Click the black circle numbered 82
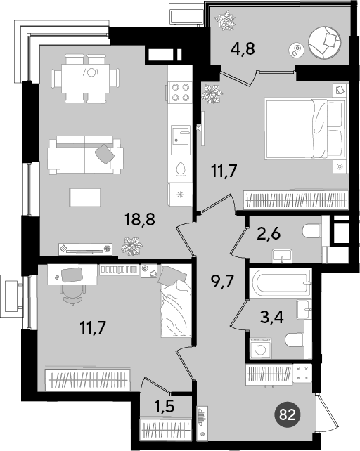click(288, 414)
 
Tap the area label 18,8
click(140, 219)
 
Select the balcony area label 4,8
click(243, 48)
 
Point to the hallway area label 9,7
click(223, 281)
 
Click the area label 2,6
click(269, 233)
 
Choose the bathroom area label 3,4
click(272, 318)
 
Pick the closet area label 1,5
click(165, 407)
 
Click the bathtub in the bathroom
click(281, 282)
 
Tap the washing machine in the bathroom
click(261, 348)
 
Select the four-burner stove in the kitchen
click(181, 92)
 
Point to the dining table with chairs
click(85, 78)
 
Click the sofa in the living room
click(86, 155)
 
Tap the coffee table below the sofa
click(85, 197)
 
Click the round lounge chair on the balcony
click(324, 43)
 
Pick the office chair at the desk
click(72, 294)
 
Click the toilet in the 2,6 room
click(311, 231)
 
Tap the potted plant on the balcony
click(225, 20)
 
